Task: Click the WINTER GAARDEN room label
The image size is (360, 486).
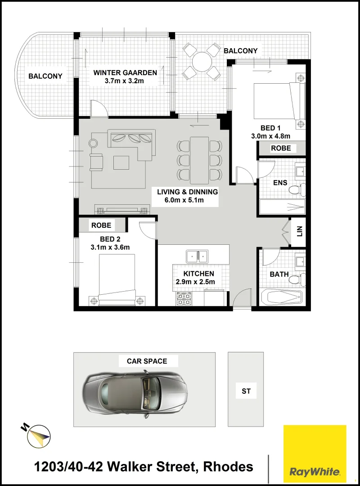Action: point(125,72)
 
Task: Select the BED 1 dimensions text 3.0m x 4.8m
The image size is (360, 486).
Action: point(270,136)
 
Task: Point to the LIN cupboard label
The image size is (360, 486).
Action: point(299,232)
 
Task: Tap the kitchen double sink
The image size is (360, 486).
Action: point(198,256)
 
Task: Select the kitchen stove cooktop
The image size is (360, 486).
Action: point(184,299)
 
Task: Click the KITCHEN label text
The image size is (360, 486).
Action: point(198,274)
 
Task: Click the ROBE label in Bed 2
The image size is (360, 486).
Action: point(101,225)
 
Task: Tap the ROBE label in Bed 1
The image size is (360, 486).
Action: point(281,148)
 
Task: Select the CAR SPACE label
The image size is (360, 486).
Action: point(147,361)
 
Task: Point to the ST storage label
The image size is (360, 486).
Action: point(246,391)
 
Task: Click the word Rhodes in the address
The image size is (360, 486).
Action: point(229,467)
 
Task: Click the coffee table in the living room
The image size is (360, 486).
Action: point(121,162)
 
